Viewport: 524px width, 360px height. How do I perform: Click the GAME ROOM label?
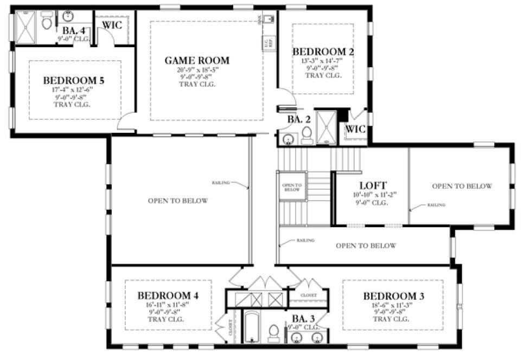click(x=197, y=60)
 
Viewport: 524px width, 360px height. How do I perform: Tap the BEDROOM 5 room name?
click(x=74, y=81)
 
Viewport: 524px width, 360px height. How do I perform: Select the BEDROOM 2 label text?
click(x=323, y=52)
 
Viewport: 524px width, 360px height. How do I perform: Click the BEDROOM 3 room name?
click(x=393, y=296)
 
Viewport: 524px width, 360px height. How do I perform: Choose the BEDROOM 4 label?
click(x=167, y=295)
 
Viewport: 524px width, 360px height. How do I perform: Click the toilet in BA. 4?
click(x=47, y=23)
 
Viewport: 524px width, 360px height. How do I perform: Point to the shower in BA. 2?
click(x=327, y=127)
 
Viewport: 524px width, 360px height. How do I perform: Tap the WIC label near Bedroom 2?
click(x=355, y=130)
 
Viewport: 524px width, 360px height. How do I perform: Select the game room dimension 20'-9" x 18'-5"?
click(x=197, y=69)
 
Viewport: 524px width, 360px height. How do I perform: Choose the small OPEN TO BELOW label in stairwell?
click(x=292, y=187)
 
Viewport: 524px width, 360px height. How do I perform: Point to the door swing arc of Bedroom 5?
click(x=127, y=121)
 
